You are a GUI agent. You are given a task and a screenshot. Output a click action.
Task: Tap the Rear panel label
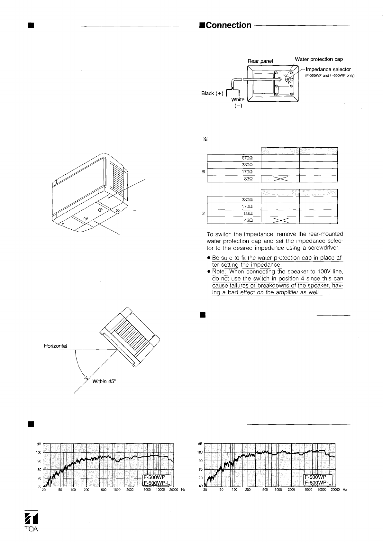tap(260, 61)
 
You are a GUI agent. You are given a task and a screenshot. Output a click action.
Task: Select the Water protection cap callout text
tap(319, 59)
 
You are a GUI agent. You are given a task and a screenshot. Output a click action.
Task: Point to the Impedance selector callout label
tap(328, 69)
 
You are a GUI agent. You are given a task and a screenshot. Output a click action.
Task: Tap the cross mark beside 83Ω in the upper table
tap(280, 179)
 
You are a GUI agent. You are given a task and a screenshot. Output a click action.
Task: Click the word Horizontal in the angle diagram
tap(55, 346)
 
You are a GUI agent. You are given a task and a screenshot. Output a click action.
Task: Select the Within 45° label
tap(104, 381)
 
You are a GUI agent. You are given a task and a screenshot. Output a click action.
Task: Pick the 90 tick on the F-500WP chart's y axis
tap(39, 461)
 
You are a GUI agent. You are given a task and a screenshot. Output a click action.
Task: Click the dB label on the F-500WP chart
tap(39, 444)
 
